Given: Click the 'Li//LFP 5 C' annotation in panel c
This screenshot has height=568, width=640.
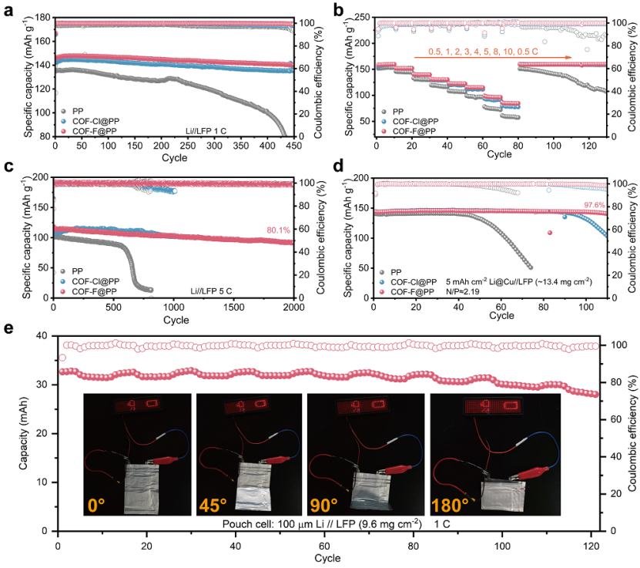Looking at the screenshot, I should (215, 291).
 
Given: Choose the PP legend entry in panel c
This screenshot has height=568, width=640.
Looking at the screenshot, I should (73, 271).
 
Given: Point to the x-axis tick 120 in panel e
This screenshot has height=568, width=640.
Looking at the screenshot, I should (590, 543).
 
